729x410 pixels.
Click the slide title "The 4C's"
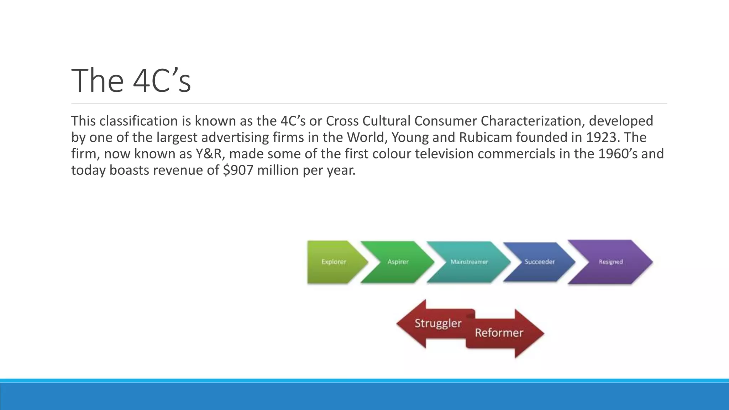pos(131,81)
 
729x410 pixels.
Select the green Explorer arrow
pos(334,262)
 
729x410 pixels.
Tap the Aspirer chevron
pos(398,262)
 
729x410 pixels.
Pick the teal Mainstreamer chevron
pos(469,262)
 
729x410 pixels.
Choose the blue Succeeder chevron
pos(540,262)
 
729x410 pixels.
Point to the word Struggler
pos(438,324)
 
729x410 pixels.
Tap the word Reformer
pos(499,333)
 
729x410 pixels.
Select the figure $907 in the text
pos(238,170)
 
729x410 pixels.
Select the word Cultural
pos(387,121)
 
